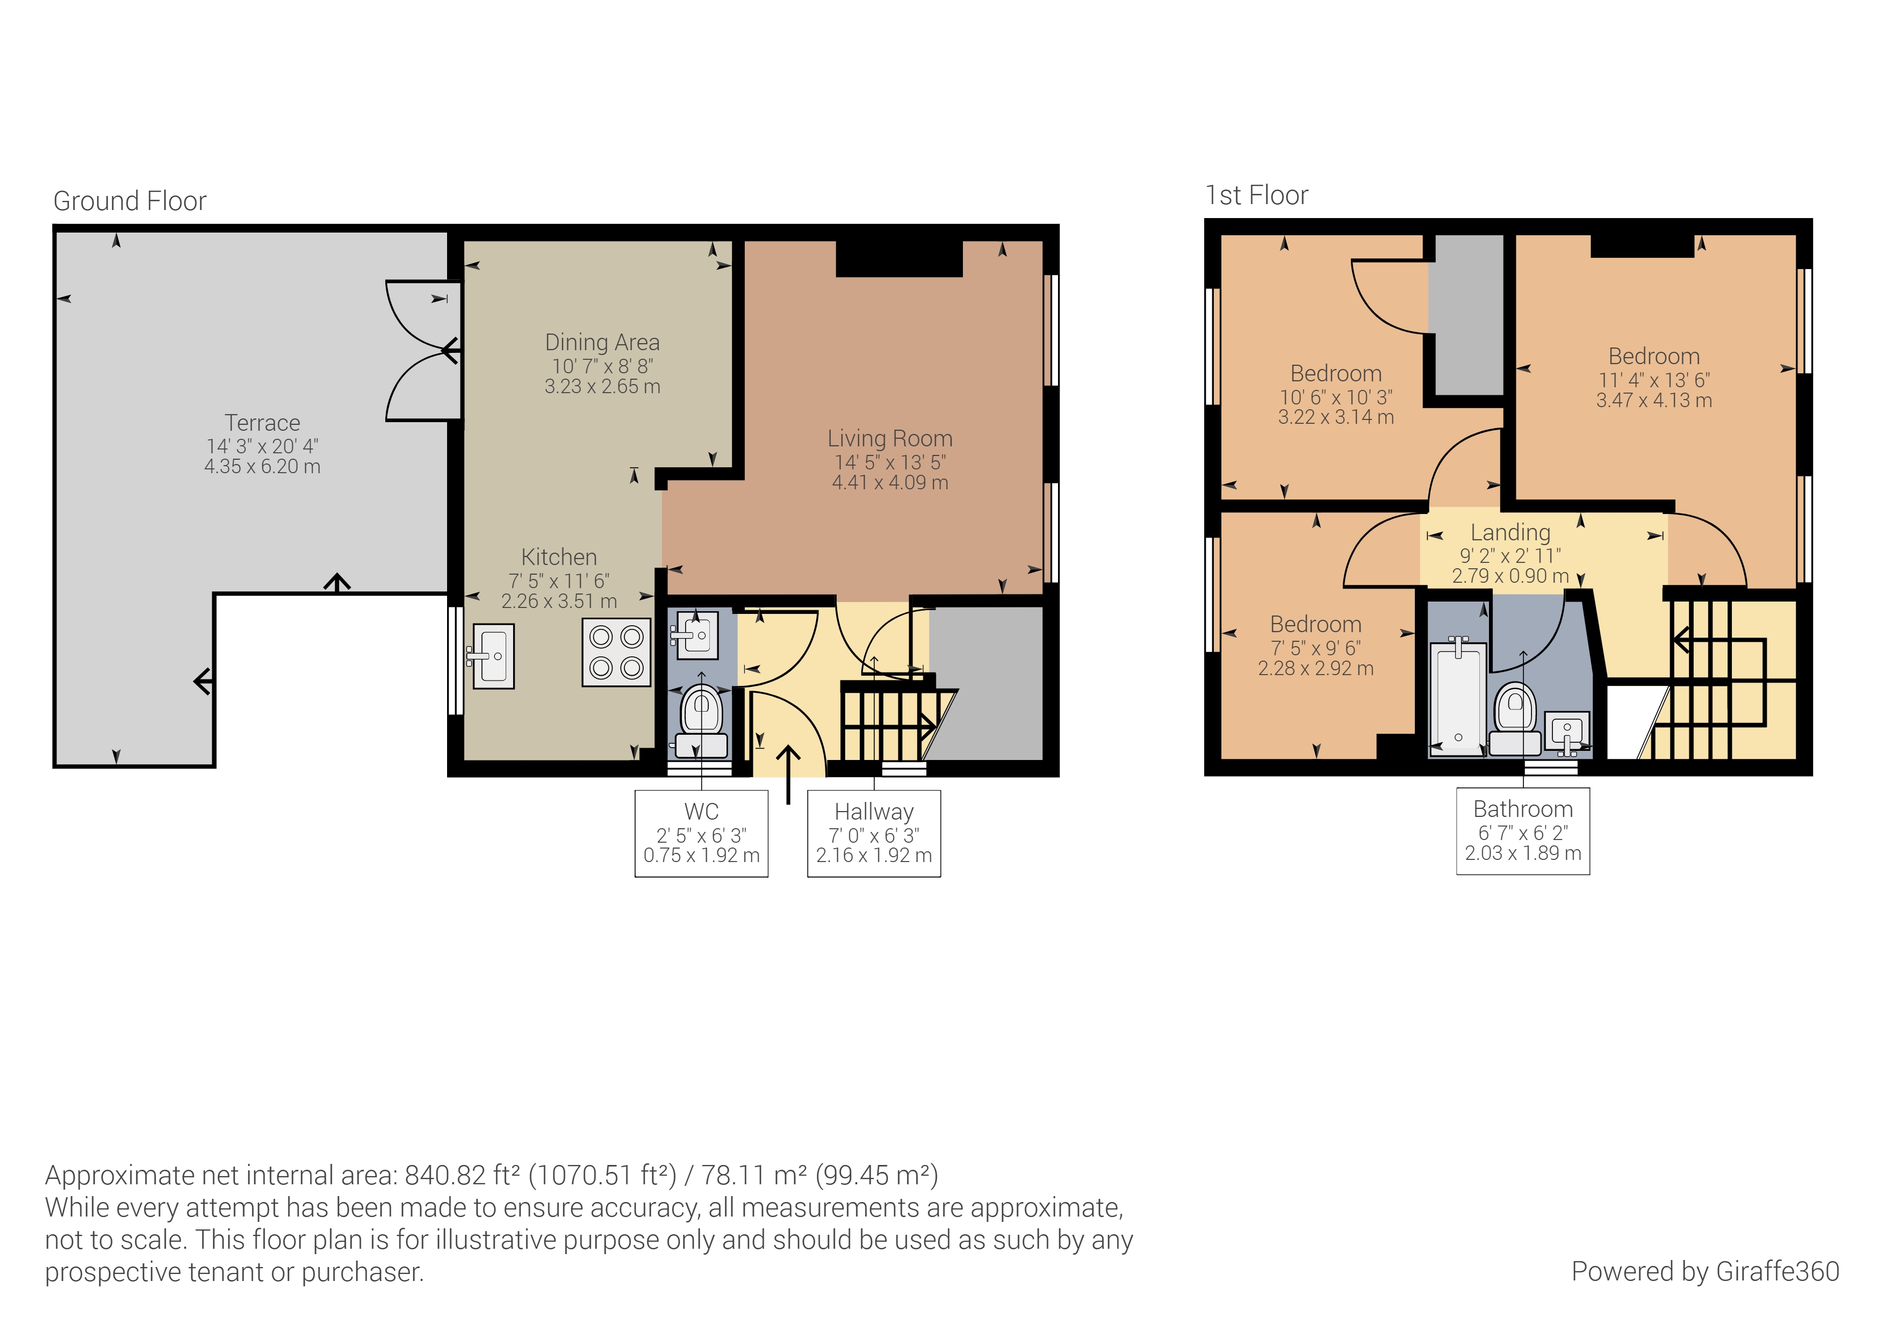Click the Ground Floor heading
(129, 201)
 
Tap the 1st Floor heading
(1256, 196)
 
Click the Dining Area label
(602, 342)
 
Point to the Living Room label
(889, 438)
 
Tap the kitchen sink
(493, 656)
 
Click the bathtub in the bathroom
(1458, 698)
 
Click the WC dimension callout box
(701, 833)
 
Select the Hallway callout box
(874, 833)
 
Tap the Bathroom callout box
(1523, 830)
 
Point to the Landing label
(1510, 533)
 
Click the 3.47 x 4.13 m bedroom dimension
(1653, 401)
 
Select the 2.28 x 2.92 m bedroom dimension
(1315, 669)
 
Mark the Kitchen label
(558, 558)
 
